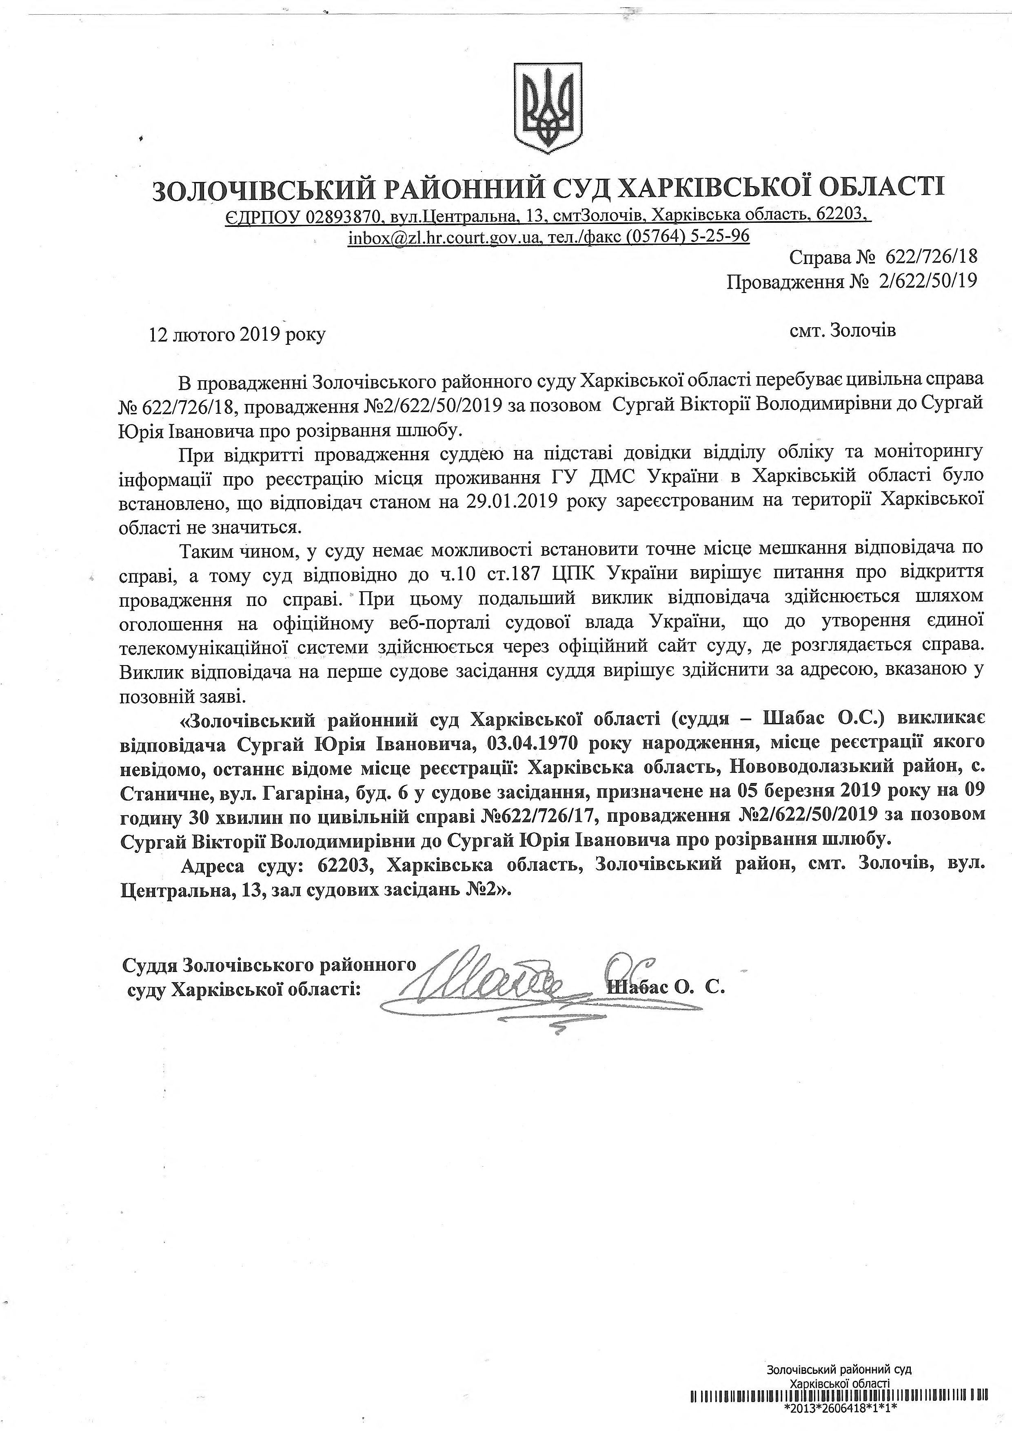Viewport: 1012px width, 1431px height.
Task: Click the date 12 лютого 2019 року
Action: [x=237, y=335]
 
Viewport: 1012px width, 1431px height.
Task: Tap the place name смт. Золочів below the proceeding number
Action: [x=842, y=331]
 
